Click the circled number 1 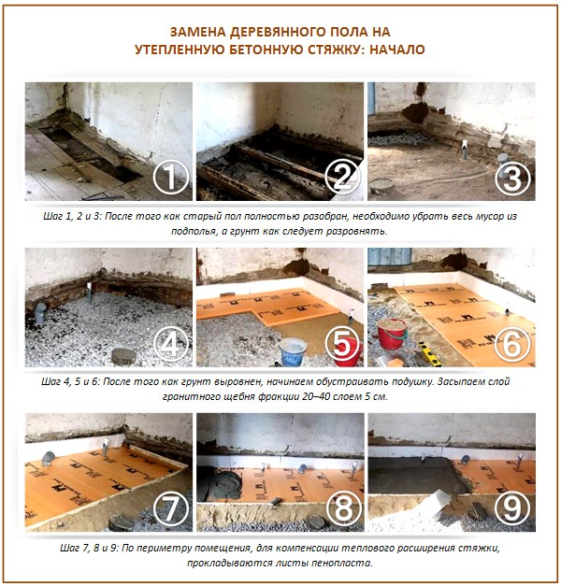171,176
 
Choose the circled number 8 343,508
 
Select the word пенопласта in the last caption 341,564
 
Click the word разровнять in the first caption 355,230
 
